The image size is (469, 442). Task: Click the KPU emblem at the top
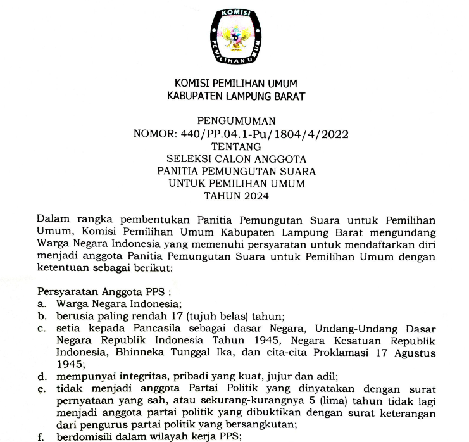tap(241, 37)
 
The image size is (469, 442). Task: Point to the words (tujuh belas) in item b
tap(206, 316)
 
